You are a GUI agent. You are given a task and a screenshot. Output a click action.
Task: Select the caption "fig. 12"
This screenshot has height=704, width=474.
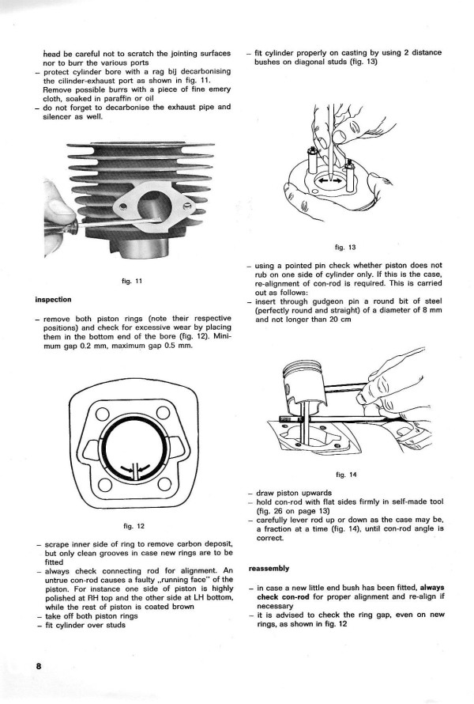point(134,526)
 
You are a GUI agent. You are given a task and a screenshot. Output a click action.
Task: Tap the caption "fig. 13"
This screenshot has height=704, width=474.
point(346,245)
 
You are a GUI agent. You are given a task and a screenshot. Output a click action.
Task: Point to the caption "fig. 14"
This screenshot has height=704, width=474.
point(346,475)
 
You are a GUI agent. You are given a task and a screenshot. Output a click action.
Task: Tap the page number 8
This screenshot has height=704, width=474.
point(38,666)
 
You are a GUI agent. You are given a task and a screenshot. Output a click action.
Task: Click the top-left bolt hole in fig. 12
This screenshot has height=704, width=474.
point(100,414)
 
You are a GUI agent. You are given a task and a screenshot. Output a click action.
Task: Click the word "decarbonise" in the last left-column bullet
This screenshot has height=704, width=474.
point(136,106)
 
